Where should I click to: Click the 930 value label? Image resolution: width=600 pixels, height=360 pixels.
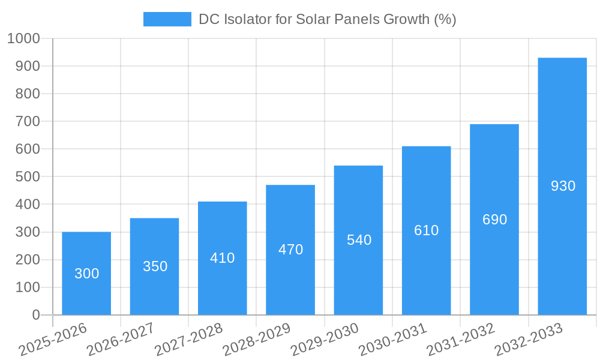point(563,186)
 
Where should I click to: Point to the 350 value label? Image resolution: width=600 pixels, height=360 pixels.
point(155,266)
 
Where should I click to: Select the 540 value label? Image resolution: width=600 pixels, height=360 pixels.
point(359,240)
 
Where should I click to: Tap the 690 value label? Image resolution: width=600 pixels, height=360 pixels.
point(494,220)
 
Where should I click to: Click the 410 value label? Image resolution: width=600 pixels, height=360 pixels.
point(222,258)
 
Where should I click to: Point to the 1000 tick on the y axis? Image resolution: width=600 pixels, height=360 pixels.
point(23,39)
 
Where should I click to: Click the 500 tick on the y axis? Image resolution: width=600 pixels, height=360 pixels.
point(28,177)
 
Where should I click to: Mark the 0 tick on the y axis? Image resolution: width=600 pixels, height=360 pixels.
point(36,315)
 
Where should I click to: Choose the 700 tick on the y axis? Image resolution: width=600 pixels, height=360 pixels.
point(28,122)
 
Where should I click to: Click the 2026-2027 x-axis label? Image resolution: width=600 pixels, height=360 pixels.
point(121,340)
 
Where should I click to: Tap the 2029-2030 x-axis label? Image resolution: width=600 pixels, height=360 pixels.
point(325,340)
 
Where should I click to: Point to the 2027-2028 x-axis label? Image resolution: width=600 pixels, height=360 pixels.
point(188,340)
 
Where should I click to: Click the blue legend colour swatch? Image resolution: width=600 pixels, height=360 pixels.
point(167,19)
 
